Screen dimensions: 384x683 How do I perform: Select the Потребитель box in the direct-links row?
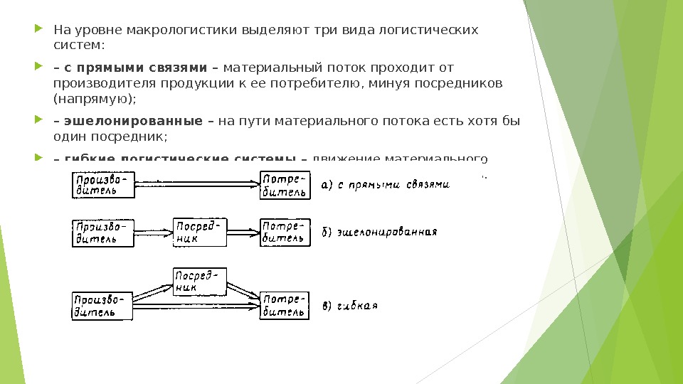coord(285,184)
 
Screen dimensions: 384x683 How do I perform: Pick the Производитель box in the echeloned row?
coord(104,232)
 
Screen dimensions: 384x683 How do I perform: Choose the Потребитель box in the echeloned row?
coord(285,232)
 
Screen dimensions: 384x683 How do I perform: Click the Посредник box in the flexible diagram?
coord(200,280)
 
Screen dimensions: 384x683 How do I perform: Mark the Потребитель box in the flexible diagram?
coord(285,304)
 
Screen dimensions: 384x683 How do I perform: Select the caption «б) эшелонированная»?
coord(379,233)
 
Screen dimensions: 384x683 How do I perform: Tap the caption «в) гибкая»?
coord(349,306)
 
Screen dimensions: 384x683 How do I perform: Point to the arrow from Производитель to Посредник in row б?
coord(154,232)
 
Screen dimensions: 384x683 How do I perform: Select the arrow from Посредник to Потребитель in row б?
coord(243,232)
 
